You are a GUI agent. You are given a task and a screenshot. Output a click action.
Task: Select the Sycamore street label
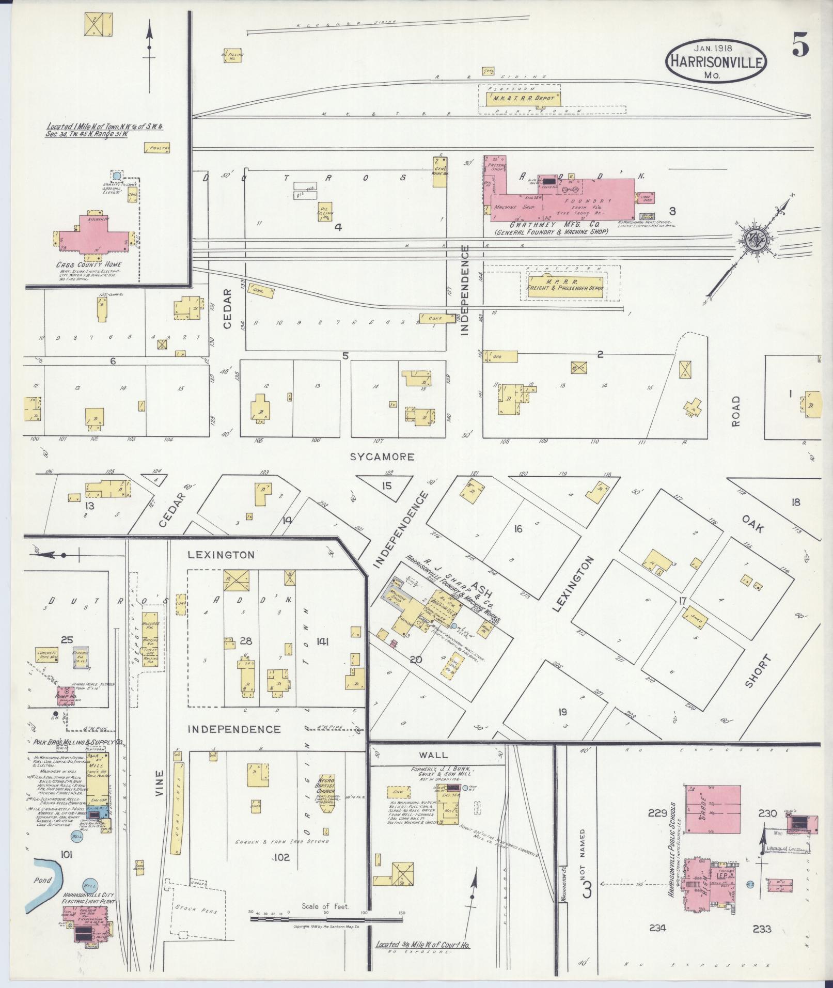click(382, 457)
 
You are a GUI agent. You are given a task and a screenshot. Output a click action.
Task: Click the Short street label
click(758, 671)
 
